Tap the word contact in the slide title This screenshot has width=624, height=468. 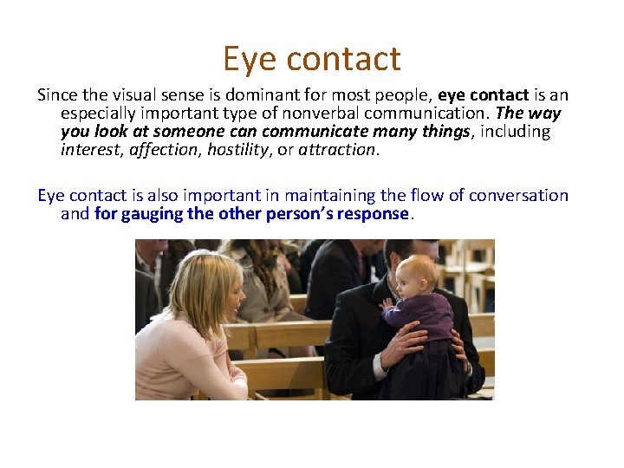coord(344,59)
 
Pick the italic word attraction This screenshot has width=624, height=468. coord(338,149)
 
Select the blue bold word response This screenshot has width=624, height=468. coord(374,213)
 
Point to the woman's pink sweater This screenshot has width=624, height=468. coord(178,360)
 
